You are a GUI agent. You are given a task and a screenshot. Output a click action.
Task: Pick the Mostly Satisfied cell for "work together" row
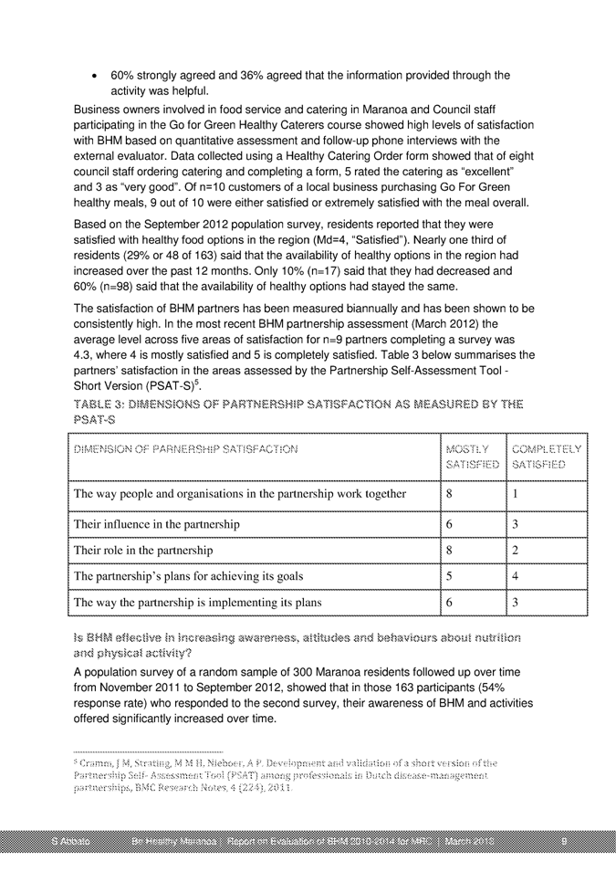click(x=451, y=495)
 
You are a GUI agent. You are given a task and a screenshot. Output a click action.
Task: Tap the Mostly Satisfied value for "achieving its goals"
click(x=451, y=576)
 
